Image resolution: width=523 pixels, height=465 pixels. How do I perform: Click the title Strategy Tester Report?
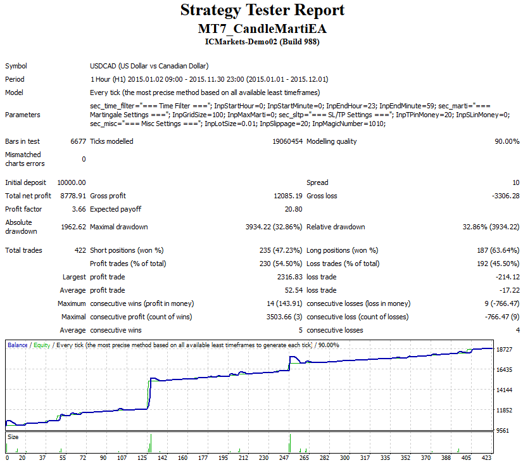pos(262,10)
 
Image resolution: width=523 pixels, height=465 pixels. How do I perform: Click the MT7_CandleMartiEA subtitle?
pos(262,29)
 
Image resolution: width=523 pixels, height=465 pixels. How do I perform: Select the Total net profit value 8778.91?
pos(73,196)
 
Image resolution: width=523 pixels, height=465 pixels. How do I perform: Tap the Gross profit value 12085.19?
pos(288,196)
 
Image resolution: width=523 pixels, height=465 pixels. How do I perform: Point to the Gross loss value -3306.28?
pos(506,196)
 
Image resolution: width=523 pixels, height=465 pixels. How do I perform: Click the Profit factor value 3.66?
pos(79,209)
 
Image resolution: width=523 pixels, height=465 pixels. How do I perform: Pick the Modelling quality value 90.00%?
pos(507,141)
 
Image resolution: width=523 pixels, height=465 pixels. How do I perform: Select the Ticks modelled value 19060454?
pos(287,141)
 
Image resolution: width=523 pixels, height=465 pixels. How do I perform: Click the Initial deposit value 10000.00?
pos(72,182)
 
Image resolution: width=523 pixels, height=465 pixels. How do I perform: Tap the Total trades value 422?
pos(80,250)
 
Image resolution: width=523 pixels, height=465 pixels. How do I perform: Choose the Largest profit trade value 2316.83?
pos(289,277)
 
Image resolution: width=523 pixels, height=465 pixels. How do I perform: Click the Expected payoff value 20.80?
pos(294,209)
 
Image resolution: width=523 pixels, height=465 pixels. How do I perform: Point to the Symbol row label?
pos(16,66)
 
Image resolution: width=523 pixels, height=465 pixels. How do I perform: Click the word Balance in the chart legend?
pos(18,345)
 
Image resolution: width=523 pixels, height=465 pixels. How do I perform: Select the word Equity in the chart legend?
pos(42,345)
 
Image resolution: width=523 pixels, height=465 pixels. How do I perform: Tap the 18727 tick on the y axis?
pos(504,349)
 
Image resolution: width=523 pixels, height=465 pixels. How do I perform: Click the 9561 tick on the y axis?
pos(503,430)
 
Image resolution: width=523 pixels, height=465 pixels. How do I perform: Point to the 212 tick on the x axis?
pos(244,457)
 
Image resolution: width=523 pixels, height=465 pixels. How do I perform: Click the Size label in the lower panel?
pos(13,436)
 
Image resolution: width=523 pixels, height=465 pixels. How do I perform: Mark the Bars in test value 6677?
pos(78,141)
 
